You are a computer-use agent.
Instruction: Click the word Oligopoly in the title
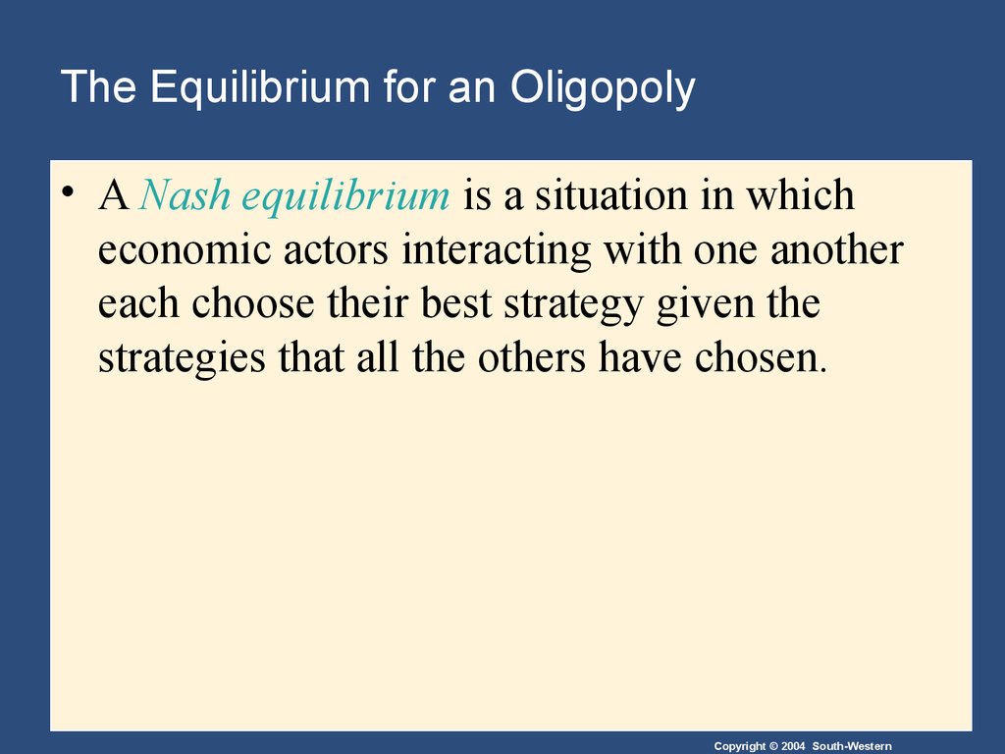603,87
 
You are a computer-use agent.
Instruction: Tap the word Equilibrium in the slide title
260,87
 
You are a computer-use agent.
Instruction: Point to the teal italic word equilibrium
346,196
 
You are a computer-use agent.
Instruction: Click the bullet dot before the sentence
68,191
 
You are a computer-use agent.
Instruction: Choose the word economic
185,250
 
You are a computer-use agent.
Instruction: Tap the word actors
336,251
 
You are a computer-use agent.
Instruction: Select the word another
837,250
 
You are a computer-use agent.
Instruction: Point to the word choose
253,303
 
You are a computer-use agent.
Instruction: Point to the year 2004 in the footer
793,746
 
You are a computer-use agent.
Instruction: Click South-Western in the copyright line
852,746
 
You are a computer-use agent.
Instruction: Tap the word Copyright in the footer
740,747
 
